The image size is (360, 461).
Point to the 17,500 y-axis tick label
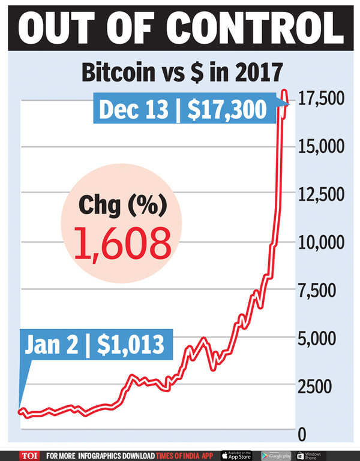pos(320,99)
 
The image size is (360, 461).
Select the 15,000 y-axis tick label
pos(320,147)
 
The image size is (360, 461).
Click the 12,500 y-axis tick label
pos(320,195)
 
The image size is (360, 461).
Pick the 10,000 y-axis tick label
pos(320,243)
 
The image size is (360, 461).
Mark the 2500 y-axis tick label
pos(314,387)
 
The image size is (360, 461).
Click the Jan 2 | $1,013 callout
pos(94,344)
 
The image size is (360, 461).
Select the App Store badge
pos(236,455)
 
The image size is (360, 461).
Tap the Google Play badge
pos(276,455)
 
